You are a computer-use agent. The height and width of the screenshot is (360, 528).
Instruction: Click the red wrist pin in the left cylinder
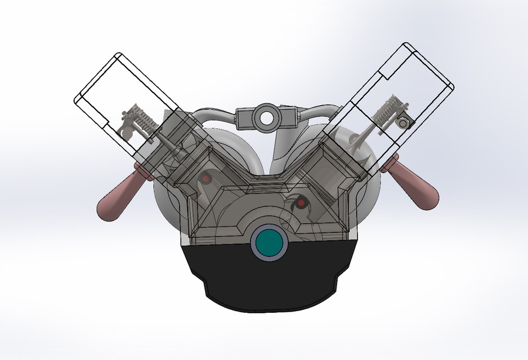pyautogui.click(x=207, y=178)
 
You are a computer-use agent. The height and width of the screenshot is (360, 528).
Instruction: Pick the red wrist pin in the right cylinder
pyautogui.click(x=301, y=202)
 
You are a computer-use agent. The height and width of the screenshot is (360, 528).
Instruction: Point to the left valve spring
pyautogui.click(x=144, y=119)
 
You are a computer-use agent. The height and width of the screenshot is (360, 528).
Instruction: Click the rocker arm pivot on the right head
pyautogui.click(x=403, y=120)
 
